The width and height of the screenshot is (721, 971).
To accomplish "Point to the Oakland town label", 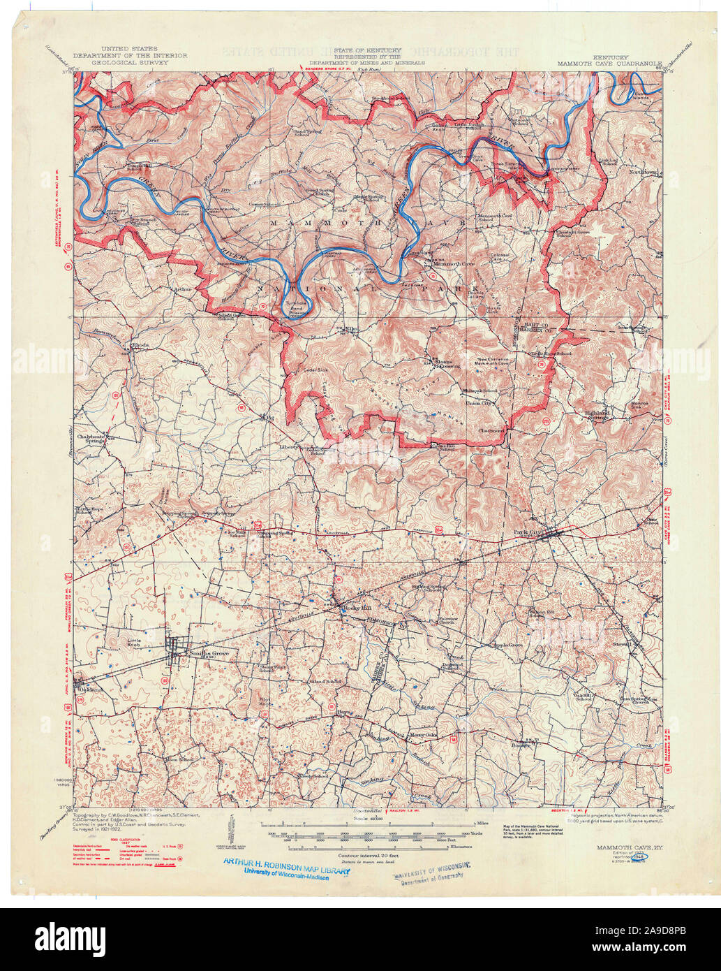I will (90, 689).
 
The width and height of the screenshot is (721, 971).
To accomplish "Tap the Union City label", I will (480, 403).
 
